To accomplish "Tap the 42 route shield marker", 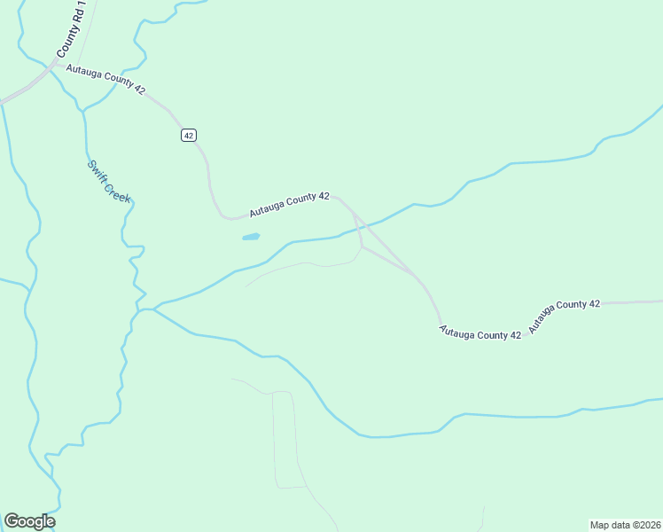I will [188, 135].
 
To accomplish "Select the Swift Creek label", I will [109, 182].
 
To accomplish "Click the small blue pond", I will [251, 238].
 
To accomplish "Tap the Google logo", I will [29, 521].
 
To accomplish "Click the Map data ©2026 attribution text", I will [624, 524].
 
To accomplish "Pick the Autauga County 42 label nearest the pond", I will [289, 205].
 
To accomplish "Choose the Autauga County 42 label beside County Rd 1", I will [105, 79].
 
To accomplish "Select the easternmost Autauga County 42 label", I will [565, 316].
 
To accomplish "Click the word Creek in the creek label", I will [118, 192].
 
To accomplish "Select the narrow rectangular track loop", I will [284, 439].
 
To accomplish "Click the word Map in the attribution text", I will [600, 524].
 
